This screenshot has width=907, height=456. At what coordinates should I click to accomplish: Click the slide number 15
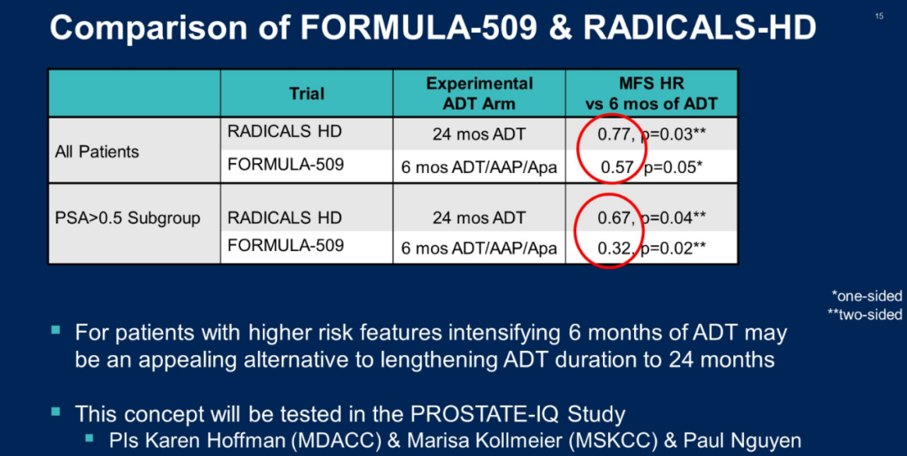point(878,16)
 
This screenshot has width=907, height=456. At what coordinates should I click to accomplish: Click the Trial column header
point(307,93)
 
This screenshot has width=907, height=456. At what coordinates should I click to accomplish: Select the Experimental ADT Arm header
point(480,93)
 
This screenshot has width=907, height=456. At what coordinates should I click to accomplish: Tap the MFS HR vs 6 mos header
point(652,93)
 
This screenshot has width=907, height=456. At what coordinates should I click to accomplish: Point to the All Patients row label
point(97,152)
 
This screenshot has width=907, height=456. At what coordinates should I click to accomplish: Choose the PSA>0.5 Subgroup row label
point(128,218)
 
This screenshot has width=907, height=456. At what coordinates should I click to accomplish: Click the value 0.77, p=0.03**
point(652,135)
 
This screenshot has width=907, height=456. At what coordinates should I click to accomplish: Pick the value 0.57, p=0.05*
point(652,167)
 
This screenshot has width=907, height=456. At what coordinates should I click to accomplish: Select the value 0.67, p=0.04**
point(652,218)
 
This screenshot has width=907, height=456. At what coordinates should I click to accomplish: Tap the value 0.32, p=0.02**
point(652,249)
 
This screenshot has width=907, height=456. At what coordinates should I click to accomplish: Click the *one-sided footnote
point(867,296)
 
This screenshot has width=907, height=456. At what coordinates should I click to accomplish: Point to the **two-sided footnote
point(864,315)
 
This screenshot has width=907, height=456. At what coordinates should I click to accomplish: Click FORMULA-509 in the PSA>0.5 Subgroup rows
point(286,246)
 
